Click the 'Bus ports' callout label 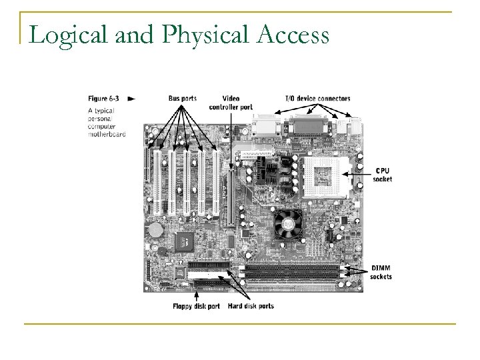(x=182, y=99)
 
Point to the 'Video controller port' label (x=230, y=103)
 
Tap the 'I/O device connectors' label (x=317, y=99)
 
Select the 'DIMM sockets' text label (x=382, y=272)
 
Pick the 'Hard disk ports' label (x=250, y=306)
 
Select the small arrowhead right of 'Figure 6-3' (x=131, y=98)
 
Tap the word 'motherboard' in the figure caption (x=106, y=133)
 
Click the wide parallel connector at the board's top (x=307, y=124)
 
